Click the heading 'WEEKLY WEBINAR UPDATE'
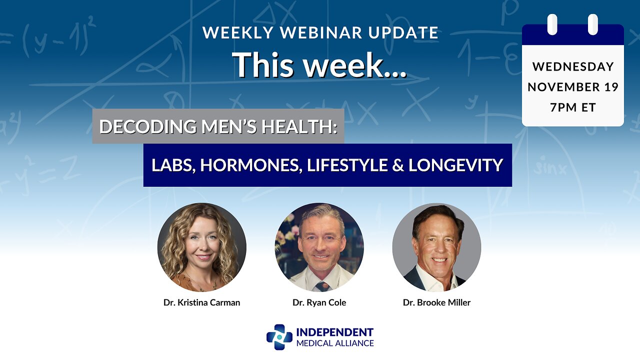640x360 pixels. point(320,33)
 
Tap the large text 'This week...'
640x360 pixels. point(320,64)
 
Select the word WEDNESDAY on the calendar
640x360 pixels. point(573,66)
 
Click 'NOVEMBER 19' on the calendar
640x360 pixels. point(573,87)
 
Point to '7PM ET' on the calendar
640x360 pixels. point(573,107)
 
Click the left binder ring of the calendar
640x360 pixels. point(552,24)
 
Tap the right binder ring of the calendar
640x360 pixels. point(593,24)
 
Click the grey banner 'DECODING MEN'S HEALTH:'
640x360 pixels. point(218,126)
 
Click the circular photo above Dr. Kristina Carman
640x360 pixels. point(202,247)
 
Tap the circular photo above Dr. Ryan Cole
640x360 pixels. point(319,247)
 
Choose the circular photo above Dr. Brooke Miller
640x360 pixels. point(436,247)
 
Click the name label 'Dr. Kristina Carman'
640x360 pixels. point(202,302)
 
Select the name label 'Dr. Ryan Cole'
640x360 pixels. point(319,302)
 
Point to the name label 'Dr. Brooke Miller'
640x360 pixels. point(436,302)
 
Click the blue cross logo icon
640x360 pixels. point(279,337)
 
